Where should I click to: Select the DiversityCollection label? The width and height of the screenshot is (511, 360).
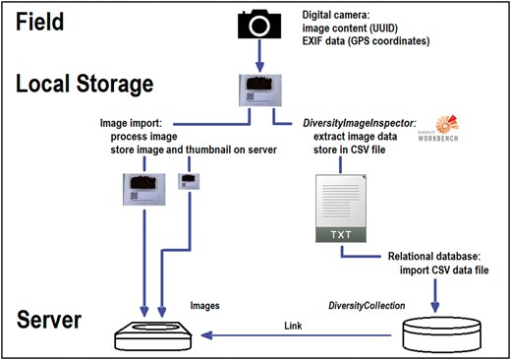372,305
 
